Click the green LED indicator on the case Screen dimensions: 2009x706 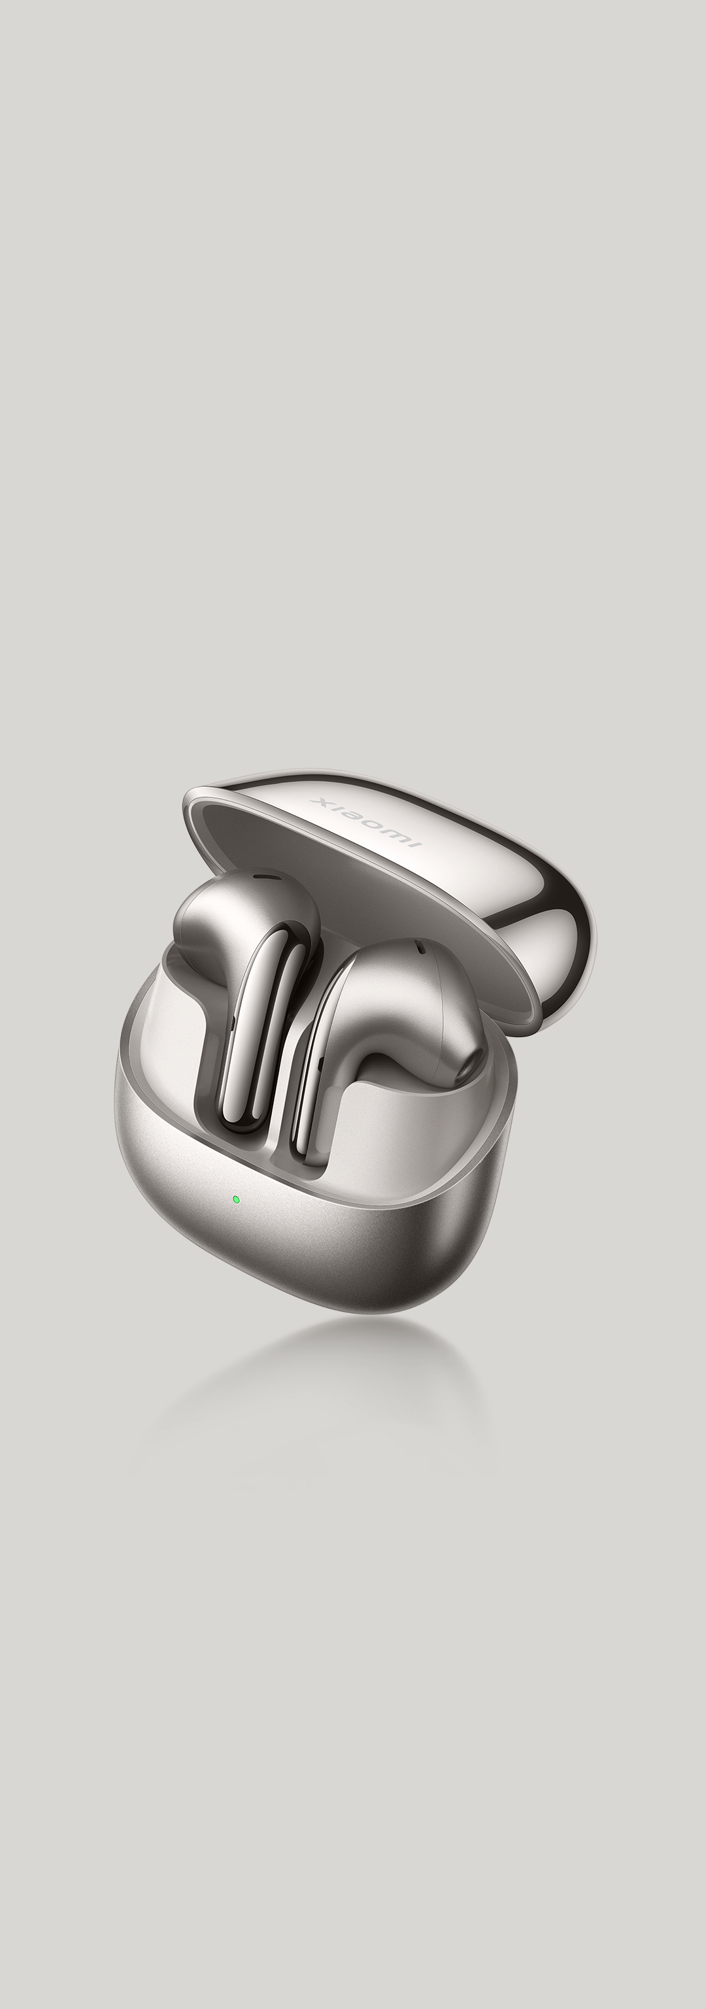[235, 1199]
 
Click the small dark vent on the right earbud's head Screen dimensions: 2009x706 [420, 949]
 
